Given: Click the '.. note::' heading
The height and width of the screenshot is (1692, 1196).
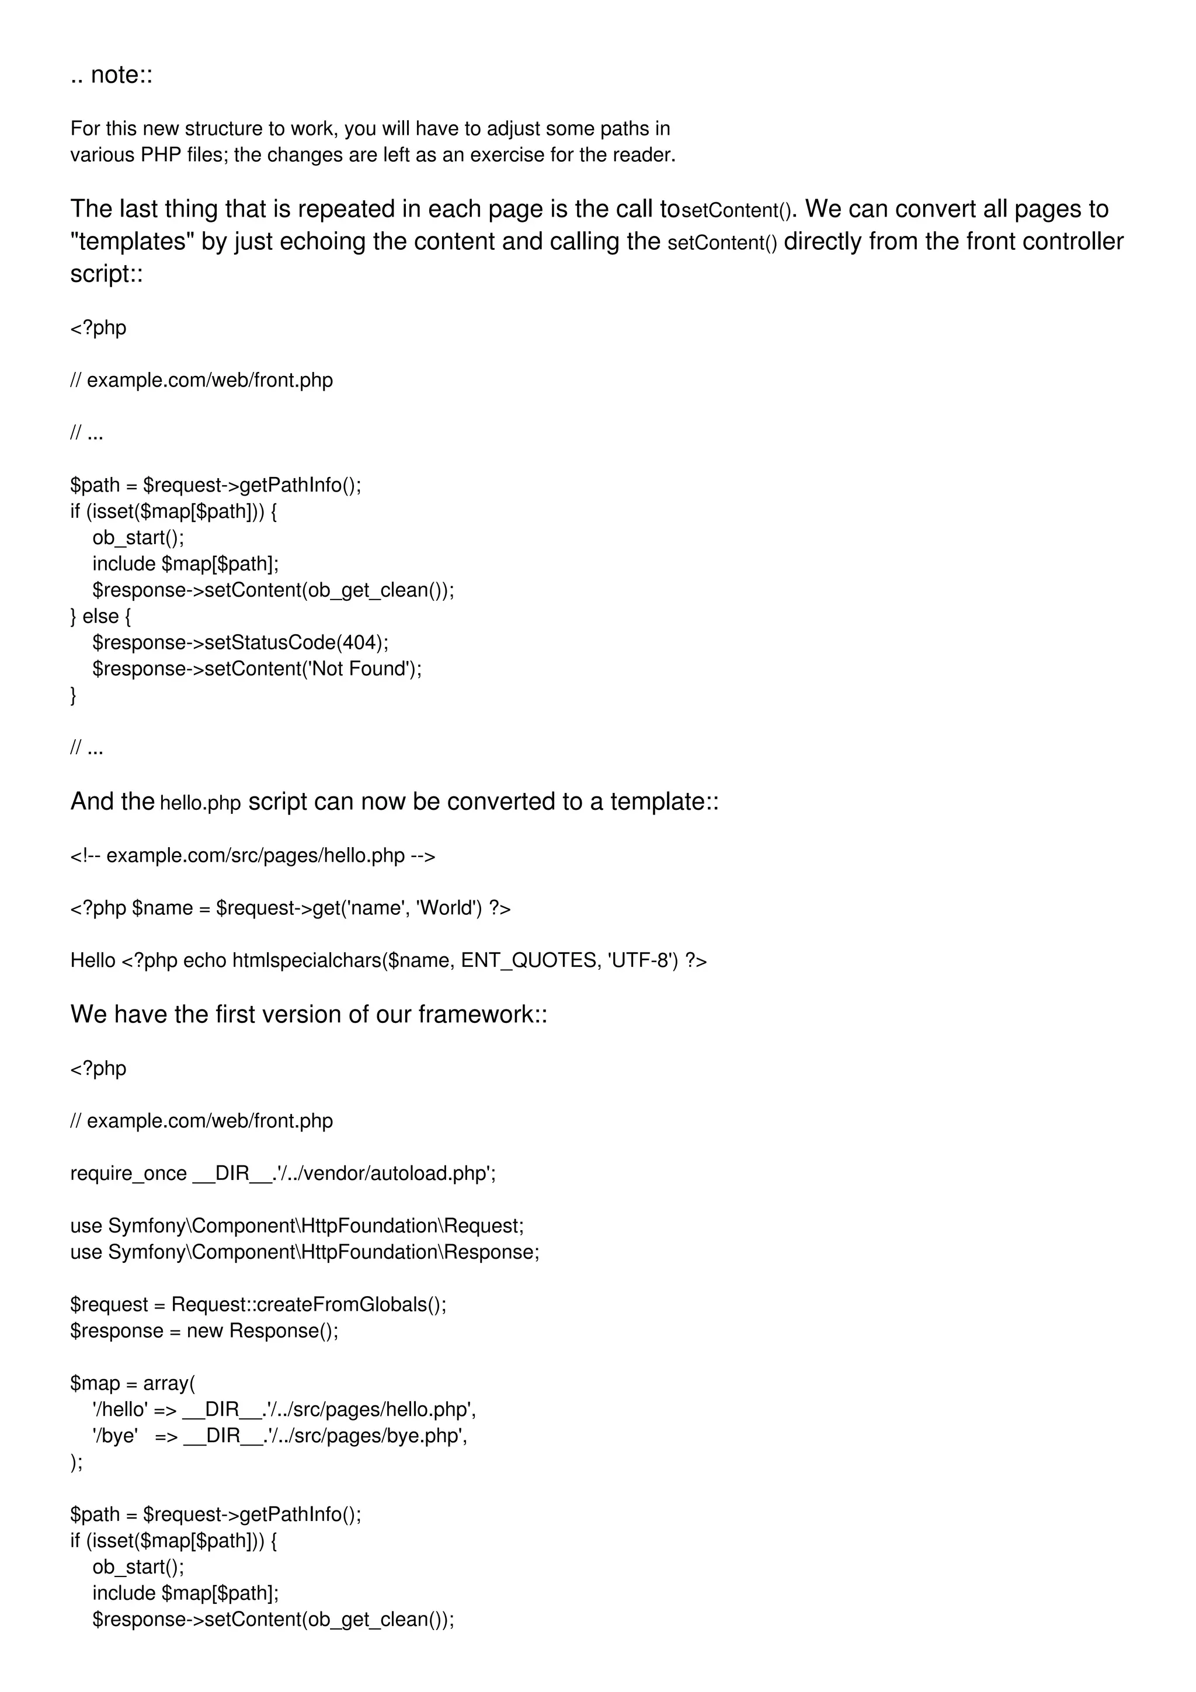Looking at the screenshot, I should coord(112,75).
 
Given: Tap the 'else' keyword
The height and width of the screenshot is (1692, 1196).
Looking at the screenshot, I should coord(100,616).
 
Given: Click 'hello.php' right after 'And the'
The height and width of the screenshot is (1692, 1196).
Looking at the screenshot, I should coord(200,803).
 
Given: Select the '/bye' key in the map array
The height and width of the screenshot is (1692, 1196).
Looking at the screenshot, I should coord(115,1436).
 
